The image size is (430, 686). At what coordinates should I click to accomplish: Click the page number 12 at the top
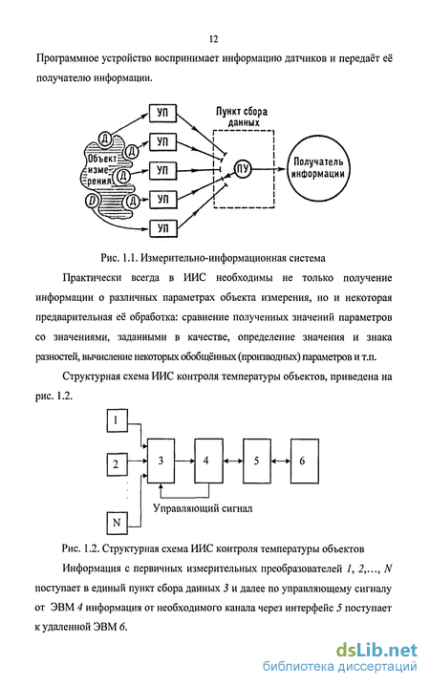[213, 39]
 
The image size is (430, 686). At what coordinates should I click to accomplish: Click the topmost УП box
[162, 113]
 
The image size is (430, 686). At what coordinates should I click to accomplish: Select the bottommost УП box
[162, 228]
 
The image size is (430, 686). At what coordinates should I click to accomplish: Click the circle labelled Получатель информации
[318, 168]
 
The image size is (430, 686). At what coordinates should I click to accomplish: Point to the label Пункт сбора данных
[242, 117]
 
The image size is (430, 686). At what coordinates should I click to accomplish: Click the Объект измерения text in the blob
[99, 170]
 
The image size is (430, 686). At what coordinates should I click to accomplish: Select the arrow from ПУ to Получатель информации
[269, 169]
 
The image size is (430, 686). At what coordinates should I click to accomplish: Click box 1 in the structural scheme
[117, 420]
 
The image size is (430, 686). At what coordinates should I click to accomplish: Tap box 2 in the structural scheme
[117, 463]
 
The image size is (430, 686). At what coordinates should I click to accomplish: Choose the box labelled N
[117, 523]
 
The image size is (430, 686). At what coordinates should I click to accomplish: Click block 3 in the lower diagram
[161, 461]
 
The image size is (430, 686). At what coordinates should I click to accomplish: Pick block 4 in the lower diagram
[208, 461]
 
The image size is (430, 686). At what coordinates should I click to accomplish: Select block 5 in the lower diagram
[256, 461]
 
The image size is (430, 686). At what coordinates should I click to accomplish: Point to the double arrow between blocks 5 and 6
[280, 461]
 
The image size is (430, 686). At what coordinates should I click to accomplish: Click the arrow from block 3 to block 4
[184, 461]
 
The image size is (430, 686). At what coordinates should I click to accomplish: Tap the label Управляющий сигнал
[203, 508]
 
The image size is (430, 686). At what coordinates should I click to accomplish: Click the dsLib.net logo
[376, 650]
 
